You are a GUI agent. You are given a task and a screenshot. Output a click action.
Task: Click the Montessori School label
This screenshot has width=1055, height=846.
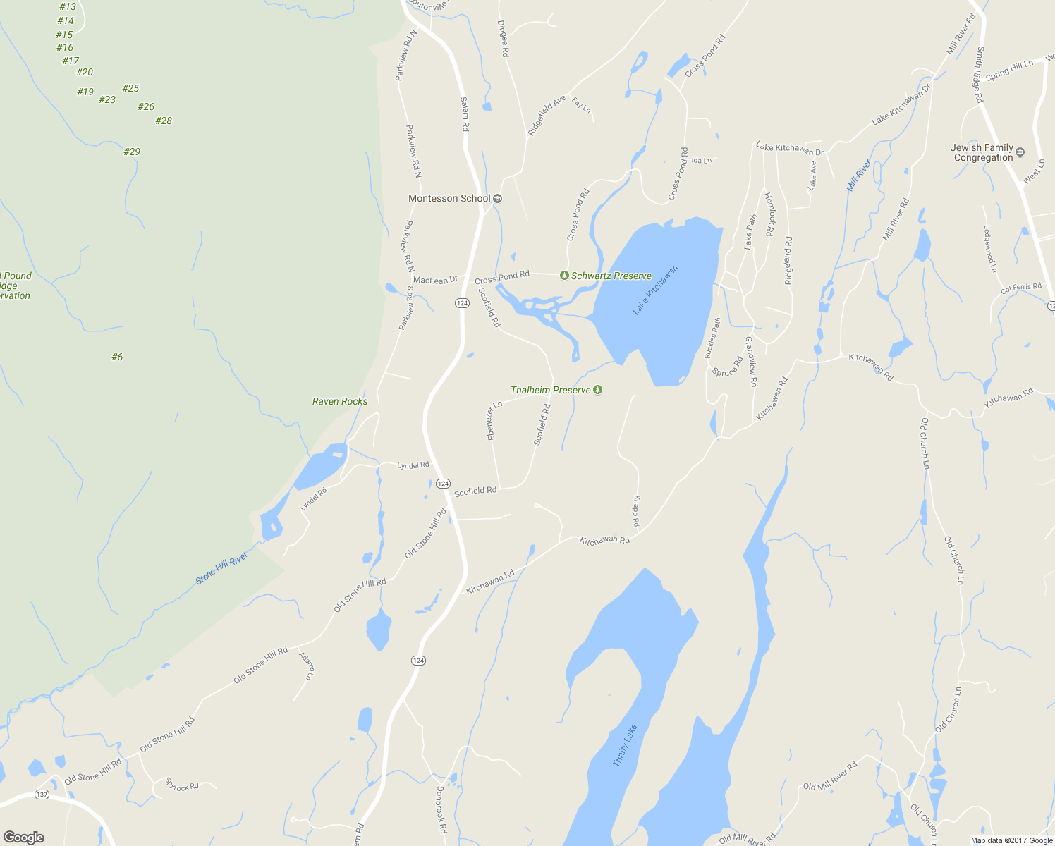point(449,198)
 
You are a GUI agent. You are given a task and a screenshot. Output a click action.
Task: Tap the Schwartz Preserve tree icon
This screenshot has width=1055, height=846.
point(564,276)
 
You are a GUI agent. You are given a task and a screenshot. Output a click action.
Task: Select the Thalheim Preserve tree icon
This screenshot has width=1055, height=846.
point(598,390)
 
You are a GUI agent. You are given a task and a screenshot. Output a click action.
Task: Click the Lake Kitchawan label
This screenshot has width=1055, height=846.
point(655,290)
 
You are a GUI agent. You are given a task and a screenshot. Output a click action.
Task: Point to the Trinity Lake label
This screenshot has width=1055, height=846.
point(625,745)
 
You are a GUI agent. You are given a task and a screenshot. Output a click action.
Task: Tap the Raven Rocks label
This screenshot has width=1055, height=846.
point(340,401)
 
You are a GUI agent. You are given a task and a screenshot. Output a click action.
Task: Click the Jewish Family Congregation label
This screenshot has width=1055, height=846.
point(982,152)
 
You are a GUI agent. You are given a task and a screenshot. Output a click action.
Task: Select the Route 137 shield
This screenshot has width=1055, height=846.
point(42,795)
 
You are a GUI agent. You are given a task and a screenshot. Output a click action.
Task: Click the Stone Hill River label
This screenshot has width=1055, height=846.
point(222,568)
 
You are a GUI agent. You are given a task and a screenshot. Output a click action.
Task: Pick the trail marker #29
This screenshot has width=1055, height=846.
point(132,152)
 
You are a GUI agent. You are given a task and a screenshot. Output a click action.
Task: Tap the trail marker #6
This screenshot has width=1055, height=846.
point(117,357)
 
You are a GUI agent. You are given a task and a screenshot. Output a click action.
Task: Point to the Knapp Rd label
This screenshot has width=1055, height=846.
point(635,511)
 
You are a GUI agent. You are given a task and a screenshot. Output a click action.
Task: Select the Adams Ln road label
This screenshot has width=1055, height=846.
point(307,666)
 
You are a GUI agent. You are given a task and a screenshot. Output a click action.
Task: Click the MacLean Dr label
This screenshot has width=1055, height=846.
point(435,280)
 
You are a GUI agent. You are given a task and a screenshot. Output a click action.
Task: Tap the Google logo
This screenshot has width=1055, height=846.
point(24,838)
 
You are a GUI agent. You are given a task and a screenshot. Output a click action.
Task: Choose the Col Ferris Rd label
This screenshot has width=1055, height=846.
point(1020,288)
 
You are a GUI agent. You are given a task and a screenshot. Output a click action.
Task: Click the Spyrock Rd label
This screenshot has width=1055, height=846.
point(182,785)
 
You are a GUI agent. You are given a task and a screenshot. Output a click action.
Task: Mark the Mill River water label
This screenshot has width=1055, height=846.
point(859,176)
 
